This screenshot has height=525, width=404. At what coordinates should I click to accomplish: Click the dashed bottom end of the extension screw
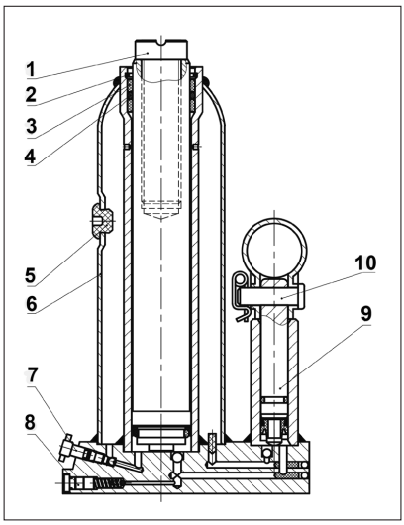160,208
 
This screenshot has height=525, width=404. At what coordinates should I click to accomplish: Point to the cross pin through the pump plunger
274,292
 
